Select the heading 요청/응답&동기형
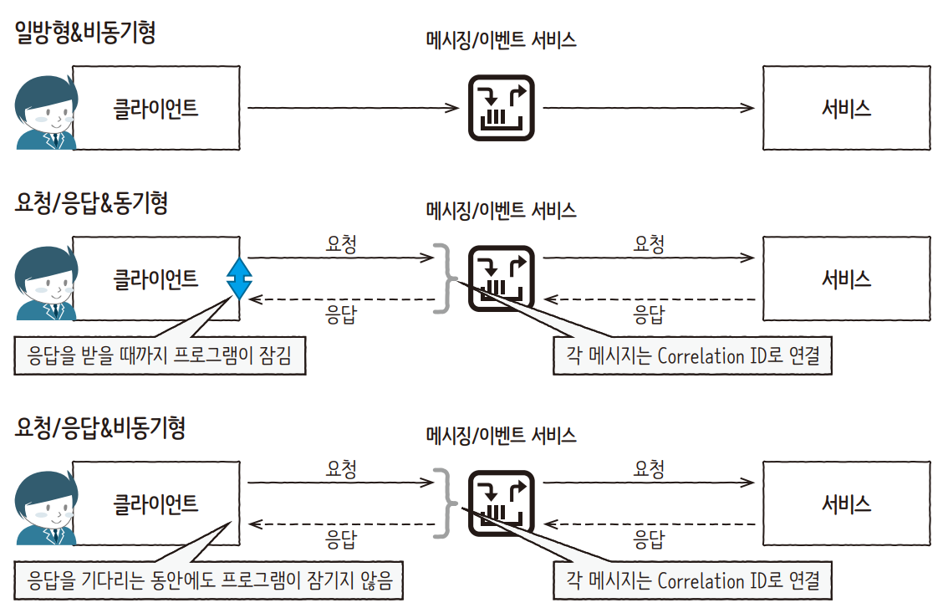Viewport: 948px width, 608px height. click(x=91, y=203)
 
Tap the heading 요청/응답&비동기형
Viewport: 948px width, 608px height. click(x=99, y=428)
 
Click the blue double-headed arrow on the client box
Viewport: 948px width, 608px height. click(x=239, y=278)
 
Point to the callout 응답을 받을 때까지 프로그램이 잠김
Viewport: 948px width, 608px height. click(x=160, y=357)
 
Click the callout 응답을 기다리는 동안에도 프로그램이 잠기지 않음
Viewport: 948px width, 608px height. click(x=209, y=580)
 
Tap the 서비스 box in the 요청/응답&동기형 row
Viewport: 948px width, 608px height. click(x=846, y=278)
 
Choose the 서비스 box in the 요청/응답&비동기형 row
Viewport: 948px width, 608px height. click(x=846, y=503)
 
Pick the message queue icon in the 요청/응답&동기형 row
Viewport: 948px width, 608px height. click(x=500, y=278)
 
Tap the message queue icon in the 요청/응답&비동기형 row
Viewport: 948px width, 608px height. click(x=500, y=503)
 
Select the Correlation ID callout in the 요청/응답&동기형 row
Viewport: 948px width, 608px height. click(x=693, y=356)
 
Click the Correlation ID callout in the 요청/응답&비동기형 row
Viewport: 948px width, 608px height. click(x=693, y=580)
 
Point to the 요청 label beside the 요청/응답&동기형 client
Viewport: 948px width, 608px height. click(x=341, y=244)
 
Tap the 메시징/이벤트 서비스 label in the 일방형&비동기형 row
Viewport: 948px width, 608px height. click(x=500, y=39)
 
